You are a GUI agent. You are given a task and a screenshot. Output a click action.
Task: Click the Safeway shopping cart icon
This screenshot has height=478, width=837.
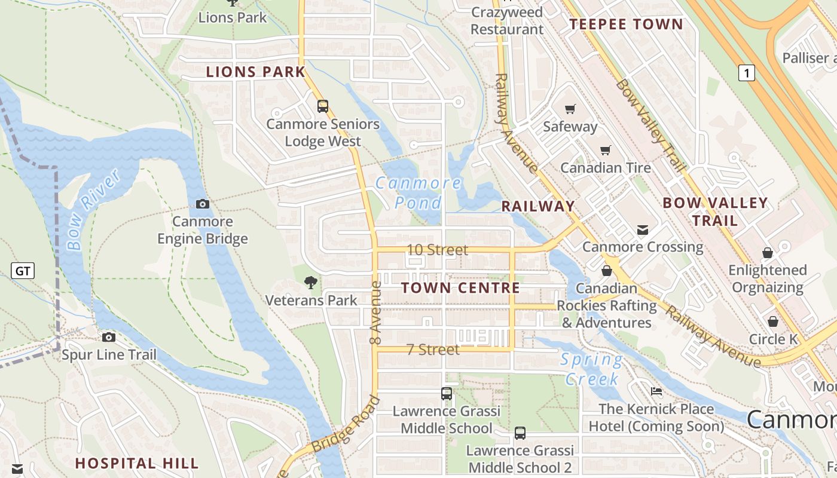click(x=570, y=109)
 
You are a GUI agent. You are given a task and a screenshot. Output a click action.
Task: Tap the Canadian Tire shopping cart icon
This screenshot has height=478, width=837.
click(x=606, y=150)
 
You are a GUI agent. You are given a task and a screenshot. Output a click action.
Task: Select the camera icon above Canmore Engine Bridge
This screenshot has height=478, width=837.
click(x=203, y=204)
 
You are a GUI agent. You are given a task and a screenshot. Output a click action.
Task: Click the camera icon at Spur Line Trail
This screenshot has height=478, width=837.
click(x=109, y=338)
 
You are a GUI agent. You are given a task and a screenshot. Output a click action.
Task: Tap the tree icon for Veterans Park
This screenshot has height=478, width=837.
click(x=310, y=283)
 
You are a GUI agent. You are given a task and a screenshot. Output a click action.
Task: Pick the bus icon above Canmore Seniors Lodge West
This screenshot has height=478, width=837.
click(x=323, y=106)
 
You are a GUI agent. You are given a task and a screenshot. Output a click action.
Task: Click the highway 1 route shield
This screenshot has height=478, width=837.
click(x=746, y=73)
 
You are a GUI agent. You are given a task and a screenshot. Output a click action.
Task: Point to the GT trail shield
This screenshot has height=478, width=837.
click(x=23, y=271)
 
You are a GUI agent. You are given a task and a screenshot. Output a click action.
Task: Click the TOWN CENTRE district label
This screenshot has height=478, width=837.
click(x=460, y=288)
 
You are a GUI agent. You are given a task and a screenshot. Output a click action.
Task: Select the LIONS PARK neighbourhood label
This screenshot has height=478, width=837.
click(x=256, y=72)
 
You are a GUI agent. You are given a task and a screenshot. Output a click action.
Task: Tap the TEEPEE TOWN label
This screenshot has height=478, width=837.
click(x=626, y=24)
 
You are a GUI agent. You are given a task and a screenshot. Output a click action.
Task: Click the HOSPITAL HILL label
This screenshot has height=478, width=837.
click(x=137, y=463)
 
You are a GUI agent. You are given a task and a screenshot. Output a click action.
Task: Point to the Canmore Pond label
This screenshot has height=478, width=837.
click(x=418, y=192)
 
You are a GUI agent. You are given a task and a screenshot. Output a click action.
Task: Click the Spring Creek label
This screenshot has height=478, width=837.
click(x=591, y=369)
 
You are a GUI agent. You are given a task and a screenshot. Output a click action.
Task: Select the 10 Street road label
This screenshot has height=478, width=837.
click(x=438, y=250)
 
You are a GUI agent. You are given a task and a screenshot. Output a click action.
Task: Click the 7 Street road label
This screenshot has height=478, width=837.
click(x=433, y=350)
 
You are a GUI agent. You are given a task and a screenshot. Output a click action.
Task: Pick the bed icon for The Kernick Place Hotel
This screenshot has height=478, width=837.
click(x=656, y=392)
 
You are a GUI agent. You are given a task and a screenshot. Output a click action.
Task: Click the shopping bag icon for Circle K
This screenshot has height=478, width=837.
click(x=773, y=322)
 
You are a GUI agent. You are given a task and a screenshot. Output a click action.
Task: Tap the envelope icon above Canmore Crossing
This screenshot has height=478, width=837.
click(x=642, y=230)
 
